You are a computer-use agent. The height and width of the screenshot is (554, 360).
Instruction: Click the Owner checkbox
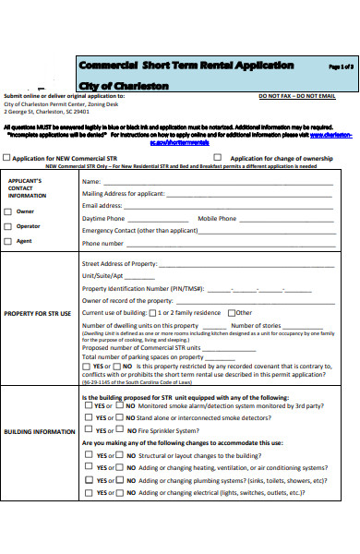click(x=8, y=211)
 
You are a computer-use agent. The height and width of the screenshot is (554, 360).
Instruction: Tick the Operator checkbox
click(x=8, y=226)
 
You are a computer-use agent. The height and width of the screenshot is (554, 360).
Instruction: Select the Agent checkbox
click(x=8, y=241)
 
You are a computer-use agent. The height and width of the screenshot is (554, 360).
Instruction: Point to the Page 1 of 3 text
click(x=341, y=67)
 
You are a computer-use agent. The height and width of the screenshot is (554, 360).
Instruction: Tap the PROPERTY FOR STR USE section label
click(x=38, y=314)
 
